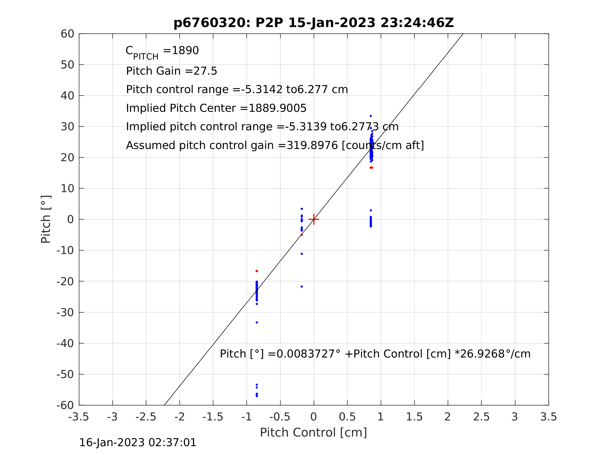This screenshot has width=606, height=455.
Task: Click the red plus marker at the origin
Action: [x=314, y=219]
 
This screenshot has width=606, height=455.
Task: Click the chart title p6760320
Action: [x=314, y=23]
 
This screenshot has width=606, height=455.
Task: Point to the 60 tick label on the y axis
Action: [x=67, y=34]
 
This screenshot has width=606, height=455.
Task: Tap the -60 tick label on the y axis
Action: [x=65, y=405]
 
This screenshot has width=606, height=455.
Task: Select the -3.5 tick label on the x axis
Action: [x=79, y=417]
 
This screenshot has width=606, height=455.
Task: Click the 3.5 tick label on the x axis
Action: [x=549, y=417]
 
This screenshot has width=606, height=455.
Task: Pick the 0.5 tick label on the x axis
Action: [x=347, y=417]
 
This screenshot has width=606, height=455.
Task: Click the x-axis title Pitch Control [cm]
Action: [x=314, y=433]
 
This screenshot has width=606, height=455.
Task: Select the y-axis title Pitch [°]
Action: [x=46, y=219]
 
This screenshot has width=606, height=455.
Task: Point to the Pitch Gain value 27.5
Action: [x=205, y=71]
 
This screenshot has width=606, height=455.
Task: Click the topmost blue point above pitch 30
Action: [x=371, y=116]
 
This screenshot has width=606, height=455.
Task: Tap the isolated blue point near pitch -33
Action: [x=257, y=323]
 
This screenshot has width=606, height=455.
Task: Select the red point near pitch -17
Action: [x=257, y=271]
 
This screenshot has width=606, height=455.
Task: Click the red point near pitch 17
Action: [x=371, y=168]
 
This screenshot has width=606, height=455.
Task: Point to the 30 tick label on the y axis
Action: [x=67, y=127]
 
